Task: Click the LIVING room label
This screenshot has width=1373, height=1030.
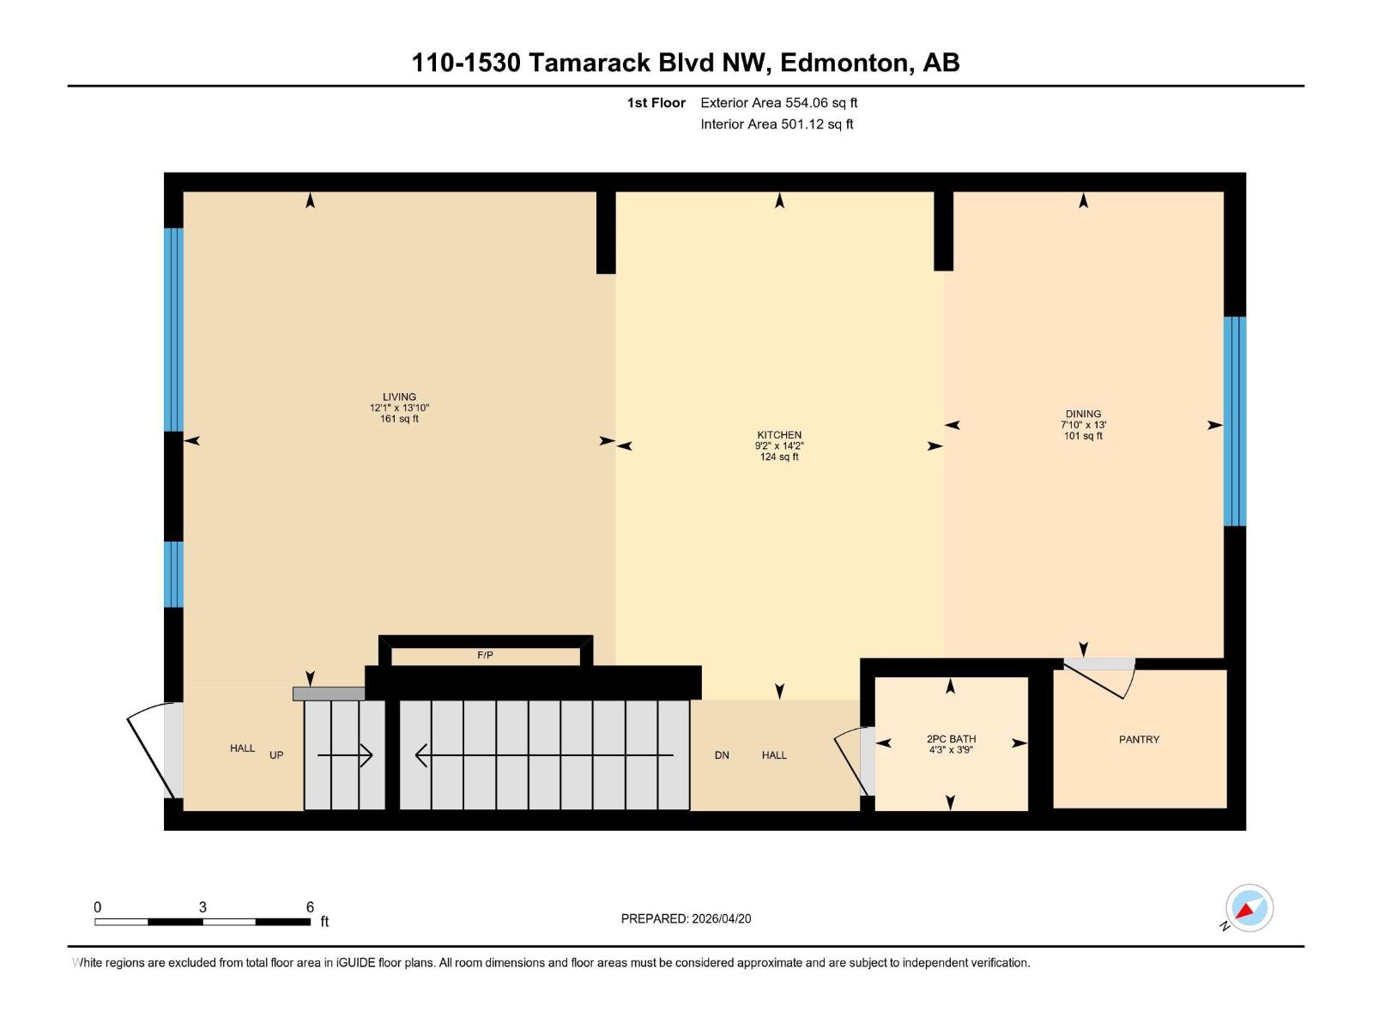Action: pos(399,397)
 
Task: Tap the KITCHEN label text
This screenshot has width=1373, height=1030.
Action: pos(779,435)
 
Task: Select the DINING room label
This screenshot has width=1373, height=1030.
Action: pos(1083,414)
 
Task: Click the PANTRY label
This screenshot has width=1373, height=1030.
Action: pos(1139,739)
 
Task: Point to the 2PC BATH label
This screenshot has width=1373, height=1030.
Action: pos(951,739)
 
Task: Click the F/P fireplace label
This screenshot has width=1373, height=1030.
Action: pos(485,655)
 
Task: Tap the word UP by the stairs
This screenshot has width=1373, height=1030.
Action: pos(276,755)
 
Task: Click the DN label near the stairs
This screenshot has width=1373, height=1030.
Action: pos(722,755)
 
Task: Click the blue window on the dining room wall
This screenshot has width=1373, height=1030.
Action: pos(1234,421)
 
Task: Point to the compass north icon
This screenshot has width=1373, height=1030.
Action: pos(1249,908)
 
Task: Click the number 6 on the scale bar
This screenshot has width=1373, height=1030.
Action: pos(310,907)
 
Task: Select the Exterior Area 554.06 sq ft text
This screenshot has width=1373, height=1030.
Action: pos(778,103)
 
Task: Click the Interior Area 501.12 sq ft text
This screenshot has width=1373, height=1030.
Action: pos(777,124)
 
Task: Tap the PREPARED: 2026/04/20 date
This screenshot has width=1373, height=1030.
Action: pos(686,918)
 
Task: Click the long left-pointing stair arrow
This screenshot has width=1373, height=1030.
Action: pos(544,755)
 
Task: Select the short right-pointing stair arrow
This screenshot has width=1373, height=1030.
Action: pos(345,755)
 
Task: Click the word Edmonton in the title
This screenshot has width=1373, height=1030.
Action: pos(846,63)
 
